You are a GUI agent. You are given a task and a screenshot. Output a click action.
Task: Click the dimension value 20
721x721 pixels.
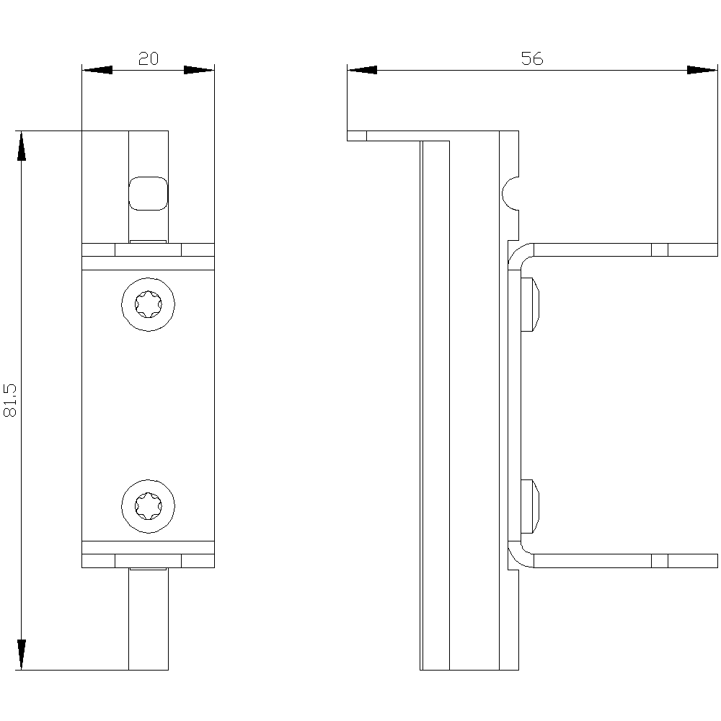pyautogui.click(x=148, y=59)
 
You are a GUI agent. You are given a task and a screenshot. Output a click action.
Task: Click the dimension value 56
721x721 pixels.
pyautogui.click(x=531, y=59)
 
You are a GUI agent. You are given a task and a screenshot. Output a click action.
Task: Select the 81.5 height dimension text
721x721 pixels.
pyautogui.click(x=11, y=400)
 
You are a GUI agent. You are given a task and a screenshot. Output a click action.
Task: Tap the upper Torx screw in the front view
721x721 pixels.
pyautogui.click(x=148, y=304)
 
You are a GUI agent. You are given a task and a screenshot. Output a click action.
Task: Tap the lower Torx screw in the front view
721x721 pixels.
pyautogui.click(x=148, y=506)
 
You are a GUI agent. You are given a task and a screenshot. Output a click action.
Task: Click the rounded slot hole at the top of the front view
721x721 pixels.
pyautogui.click(x=148, y=193)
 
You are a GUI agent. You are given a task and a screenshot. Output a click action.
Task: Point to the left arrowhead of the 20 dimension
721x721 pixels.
pyautogui.click(x=97, y=70)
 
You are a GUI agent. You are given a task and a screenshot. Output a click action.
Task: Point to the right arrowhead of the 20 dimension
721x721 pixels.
pyautogui.click(x=199, y=70)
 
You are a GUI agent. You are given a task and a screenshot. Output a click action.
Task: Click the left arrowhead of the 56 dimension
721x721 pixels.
pyautogui.click(x=362, y=70)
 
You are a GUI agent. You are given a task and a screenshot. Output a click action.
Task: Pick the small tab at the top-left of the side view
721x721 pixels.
pyautogui.click(x=357, y=136)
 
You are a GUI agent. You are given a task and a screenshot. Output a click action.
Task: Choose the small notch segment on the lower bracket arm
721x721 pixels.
pyautogui.click(x=660, y=560)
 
